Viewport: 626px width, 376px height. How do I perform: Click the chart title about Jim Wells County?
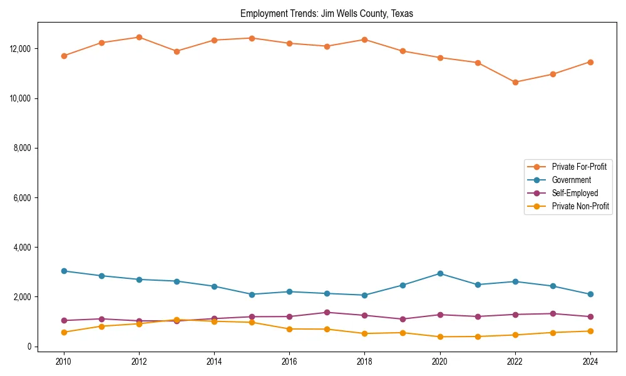tap(327, 14)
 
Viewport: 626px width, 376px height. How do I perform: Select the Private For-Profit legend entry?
tap(578, 167)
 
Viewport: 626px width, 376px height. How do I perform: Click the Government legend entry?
tap(571, 180)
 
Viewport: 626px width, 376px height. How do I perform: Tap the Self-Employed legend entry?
tap(575, 193)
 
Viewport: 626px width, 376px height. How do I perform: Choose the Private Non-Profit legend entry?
tap(580, 206)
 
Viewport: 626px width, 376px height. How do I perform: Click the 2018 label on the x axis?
tap(364, 361)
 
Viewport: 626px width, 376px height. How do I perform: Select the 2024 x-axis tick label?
tap(590, 361)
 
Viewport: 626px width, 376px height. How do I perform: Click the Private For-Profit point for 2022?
tap(515, 82)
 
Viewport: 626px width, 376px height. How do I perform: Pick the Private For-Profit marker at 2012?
tap(139, 37)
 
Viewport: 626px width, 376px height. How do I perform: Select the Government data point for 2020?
tap(439, 273)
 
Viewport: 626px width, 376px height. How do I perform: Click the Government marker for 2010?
tap(64, 271)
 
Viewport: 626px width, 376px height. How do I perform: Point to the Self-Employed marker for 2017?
tap(327, 312)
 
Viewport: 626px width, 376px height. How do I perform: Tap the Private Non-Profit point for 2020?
tap(439, 337)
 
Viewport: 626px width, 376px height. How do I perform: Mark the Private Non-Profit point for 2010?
tap(64, 332)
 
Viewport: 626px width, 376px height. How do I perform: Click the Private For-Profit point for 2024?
tap(590, 62)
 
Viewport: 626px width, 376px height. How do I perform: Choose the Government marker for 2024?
tap(590, 295)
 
